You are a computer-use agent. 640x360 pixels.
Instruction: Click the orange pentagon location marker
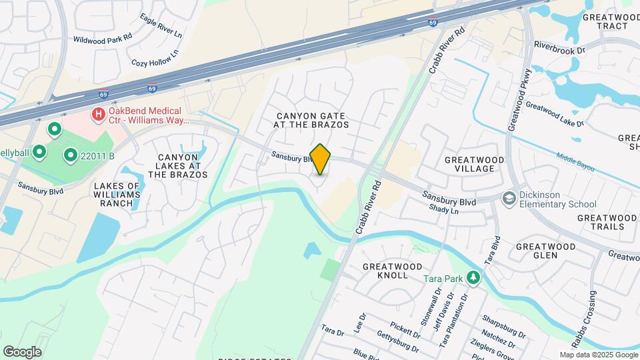320,159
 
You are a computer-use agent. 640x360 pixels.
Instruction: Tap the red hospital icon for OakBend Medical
99,114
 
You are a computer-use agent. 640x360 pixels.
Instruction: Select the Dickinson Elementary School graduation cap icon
510,198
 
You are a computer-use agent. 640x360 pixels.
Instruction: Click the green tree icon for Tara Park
473,277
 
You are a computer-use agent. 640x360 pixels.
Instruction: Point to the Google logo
22,351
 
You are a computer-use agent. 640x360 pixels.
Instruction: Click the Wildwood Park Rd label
104,39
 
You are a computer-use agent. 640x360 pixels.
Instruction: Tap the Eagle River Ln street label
161,27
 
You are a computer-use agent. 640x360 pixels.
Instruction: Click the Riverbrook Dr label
559,47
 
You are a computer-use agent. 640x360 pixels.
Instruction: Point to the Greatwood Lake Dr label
554,114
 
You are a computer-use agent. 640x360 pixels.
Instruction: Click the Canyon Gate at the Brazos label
313,120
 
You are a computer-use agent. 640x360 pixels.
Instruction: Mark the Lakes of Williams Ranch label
117,194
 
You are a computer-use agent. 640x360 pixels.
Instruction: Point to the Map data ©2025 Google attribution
597,355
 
